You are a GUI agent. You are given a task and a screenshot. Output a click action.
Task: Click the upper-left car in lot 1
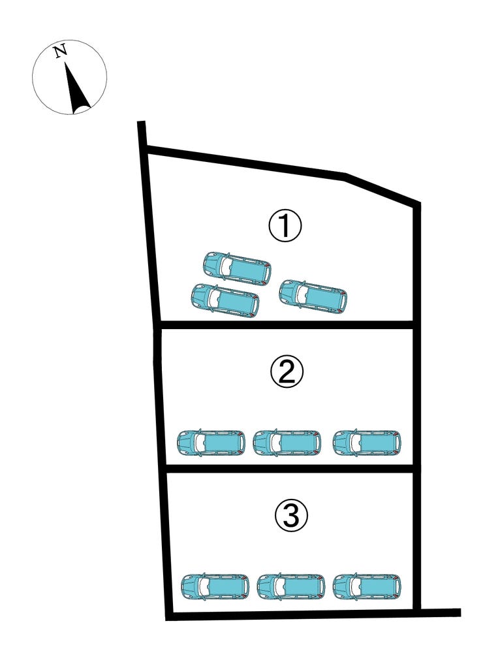pyautogui.click(x=237, y=268)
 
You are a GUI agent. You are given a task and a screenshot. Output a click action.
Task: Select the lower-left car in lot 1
pyautogui.click(x=225, y=300)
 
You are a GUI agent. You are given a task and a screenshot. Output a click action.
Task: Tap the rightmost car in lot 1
pyautogui.click(x=313, y=296)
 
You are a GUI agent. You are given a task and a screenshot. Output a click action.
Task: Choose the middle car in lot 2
pyautogui.click(x=287, y=443)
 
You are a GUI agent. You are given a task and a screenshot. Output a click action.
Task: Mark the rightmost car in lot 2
pyautogui.click(x=367, y=443)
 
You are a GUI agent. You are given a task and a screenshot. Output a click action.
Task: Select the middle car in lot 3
pyautogui.click(x=291, y=587)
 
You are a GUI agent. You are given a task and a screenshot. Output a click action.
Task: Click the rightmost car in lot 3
pyautogui.click(x=367, y=587)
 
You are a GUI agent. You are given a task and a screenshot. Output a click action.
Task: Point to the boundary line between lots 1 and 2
pyautogui.click(x=287, y=324)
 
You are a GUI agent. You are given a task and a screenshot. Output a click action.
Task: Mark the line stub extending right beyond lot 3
pyautogui.click(x=441, y=612)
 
